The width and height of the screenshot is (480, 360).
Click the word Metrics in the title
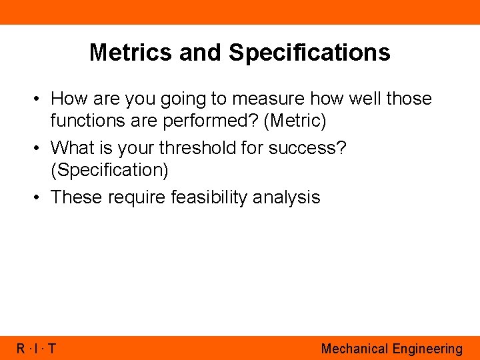[x=131, y=52]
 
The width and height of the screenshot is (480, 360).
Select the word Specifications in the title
[x=309, y=52]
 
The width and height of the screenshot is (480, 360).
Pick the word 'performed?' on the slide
[x=205, y=121]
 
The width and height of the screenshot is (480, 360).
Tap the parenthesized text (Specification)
[x=109, y=170]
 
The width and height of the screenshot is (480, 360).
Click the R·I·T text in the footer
[x=37, y=349]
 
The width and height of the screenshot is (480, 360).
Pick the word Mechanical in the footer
[x=354, y=349]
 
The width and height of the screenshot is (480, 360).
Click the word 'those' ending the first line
[x=409, y=99]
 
